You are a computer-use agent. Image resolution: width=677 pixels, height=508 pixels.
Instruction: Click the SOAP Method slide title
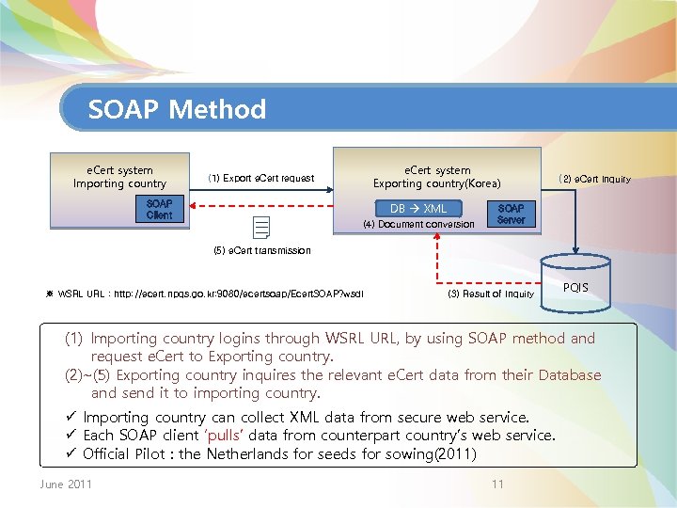[177, 110]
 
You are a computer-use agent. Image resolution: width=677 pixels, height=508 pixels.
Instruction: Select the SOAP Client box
[159, 209]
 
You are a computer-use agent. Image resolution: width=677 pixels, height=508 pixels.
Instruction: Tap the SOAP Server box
[511, 214]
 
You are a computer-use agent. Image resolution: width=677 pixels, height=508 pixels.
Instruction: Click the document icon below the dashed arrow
[261, 226]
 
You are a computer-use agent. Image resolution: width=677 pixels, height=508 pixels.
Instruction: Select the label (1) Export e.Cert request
[261, 178]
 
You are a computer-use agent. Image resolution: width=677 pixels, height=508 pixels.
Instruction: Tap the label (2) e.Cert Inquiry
[594, 179]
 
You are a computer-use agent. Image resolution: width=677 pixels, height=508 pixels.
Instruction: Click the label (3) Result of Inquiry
[491, 294]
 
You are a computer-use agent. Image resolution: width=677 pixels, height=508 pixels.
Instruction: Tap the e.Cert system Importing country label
[119, 177]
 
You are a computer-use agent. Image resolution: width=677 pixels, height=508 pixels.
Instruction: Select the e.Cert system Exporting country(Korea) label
[437, 177]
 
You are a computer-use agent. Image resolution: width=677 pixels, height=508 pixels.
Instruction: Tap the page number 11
[498, 484]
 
